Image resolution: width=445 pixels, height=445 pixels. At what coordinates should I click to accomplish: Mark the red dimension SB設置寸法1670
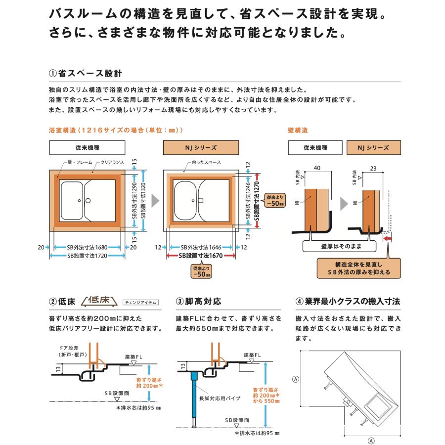201,256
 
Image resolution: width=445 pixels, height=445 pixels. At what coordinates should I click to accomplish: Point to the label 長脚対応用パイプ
216,397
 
